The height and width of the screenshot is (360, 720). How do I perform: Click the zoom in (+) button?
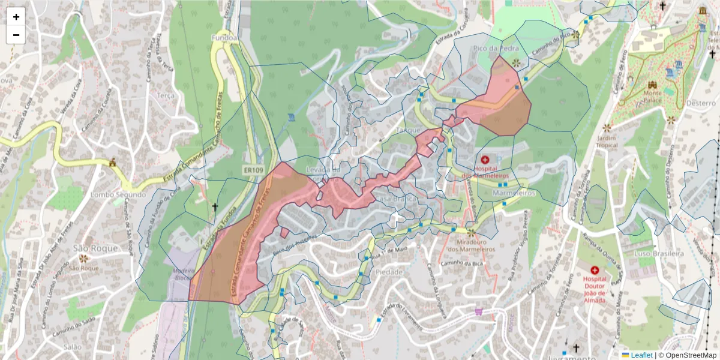coord(16,17)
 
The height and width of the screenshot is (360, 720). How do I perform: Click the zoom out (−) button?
coord(16,35)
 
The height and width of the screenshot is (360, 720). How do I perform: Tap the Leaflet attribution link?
coord(641,355)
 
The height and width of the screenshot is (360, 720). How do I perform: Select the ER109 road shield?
coord(253,170)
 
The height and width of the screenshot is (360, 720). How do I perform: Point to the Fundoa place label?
coord(224,37)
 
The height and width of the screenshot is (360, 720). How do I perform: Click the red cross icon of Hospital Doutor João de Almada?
coord(595,271)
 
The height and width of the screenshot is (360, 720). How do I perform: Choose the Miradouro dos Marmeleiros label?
coord(470,245)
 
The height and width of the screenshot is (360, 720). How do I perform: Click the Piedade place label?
coord(389,272)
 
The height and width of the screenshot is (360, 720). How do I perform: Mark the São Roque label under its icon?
coord(83,268)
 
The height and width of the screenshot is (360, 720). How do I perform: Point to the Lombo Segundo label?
coord(118,195)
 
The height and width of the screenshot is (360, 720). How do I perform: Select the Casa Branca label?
coord(391,199)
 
